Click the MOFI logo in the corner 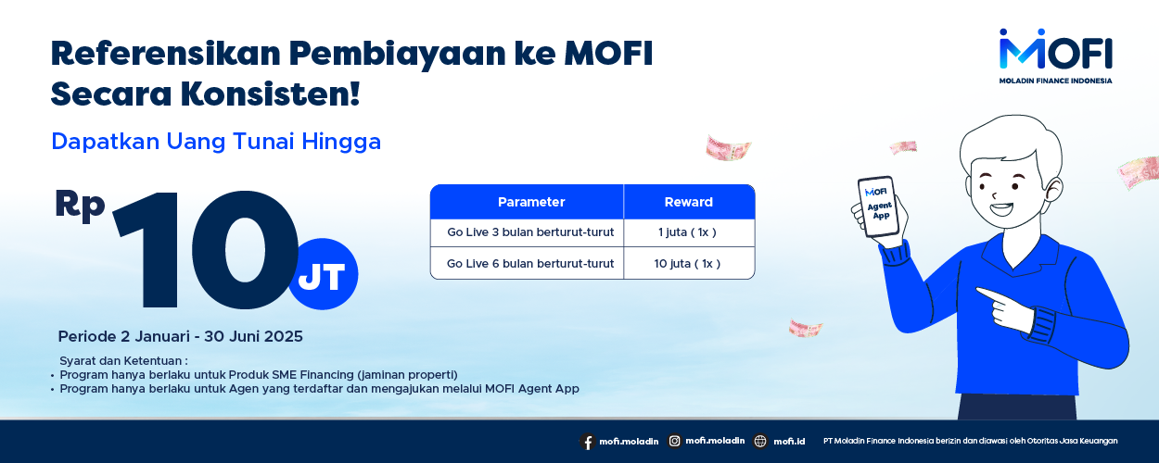tap(1055, 56)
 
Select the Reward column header tap(689, 202)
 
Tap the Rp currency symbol tap(80, 206)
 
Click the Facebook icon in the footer tap(587, 442)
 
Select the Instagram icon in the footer tap(675, 441)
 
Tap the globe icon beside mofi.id tap(760, 441)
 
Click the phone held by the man tap(879, 206)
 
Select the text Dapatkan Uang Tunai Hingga tap(216, 142)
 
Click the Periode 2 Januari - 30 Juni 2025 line tap(180, 336)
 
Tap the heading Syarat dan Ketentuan tap(123, 361)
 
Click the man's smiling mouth tap(1001, 209)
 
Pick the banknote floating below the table tap(806, 328)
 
